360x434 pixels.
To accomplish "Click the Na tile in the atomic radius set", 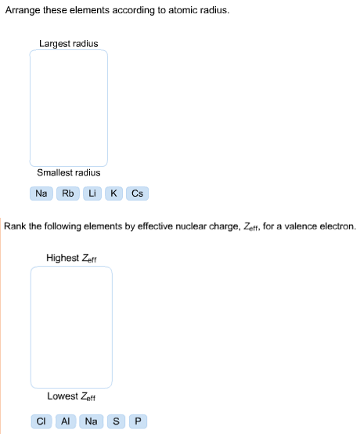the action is click(41, 193).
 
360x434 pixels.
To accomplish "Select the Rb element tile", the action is click(68, 193).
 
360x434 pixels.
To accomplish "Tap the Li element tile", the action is click(92, 193).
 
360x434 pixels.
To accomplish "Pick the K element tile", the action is click(113, 193).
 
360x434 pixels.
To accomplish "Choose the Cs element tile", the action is click(137, 193).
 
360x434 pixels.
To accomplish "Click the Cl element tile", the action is click(41, 421).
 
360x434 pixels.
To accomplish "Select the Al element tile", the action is click(66, 421).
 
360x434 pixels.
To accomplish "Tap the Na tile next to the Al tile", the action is click(92, 421).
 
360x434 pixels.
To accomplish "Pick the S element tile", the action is click(116, 421).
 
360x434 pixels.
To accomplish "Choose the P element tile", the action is click(138, 421).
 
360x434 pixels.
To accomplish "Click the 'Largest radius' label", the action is click(69, 44).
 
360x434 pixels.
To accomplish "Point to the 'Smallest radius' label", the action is click(69, 172).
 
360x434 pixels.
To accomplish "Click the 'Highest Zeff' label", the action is click(71, 258).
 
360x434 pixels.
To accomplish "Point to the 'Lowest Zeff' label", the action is click(71, 396).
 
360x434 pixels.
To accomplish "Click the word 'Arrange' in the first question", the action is click(23, 10).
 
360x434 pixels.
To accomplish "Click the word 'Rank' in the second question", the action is click(15, 226).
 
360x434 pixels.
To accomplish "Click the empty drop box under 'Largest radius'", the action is click(69, 108).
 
